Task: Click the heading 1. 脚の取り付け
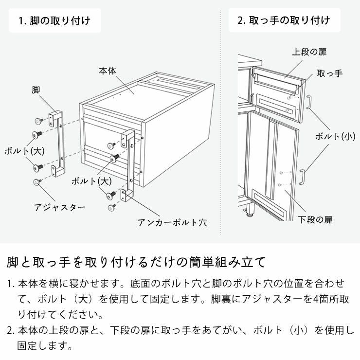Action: click(54, 21)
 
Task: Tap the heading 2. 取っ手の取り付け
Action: click(284, 20)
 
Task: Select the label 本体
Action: click(108, 71)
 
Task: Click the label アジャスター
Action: click(60, 207)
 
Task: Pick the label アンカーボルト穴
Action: click(172, 223)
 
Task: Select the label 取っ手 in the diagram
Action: click(329, 73)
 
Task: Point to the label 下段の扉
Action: click(315, 220)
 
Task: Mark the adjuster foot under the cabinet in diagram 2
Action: click(251, 212)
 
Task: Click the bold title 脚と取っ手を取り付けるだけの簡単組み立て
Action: click(136, 263)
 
